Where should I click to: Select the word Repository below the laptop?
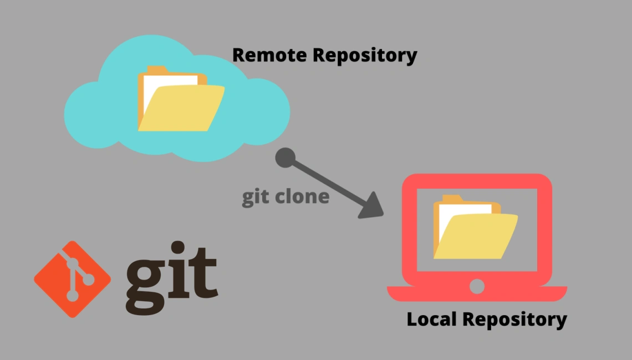coord(514,320)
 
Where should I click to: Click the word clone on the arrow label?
coord(303,197)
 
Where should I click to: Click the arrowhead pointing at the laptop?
coord(370,206)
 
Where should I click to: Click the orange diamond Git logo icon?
coord(73,279)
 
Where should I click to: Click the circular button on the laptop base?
coord(477,286)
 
